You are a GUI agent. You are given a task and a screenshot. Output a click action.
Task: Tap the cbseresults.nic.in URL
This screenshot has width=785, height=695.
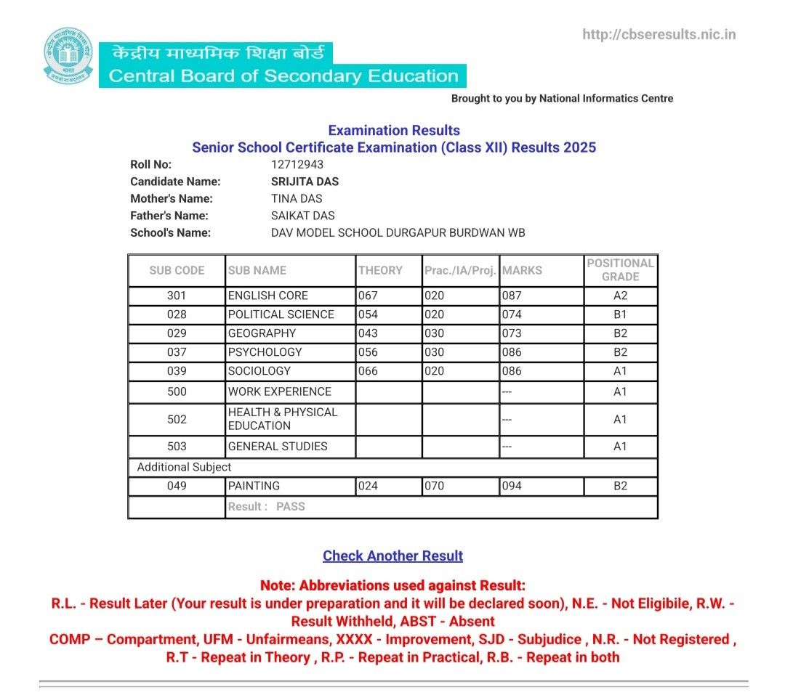click(659, 34)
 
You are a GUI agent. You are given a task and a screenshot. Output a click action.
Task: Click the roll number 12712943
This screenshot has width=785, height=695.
click(297, 164)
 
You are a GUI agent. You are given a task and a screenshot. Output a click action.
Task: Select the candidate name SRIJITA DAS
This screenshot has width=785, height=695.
click(305, 182)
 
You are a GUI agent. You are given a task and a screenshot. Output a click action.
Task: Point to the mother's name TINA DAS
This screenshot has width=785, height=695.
click(297, 198)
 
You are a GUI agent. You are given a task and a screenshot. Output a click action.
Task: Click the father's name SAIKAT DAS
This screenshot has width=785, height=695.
click(302, 216)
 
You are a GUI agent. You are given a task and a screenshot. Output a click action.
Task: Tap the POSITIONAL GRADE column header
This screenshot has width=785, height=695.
click(620, 270)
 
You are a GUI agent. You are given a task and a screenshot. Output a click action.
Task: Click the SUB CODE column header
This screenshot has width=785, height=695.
click(177, 270)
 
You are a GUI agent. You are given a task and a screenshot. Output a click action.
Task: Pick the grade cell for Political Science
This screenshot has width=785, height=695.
click(620, 314)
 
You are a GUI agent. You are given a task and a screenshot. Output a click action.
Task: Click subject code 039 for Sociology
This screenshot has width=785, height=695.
click(177, 371)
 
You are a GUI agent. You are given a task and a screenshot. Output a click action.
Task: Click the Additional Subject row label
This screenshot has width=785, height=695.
click(185, 467)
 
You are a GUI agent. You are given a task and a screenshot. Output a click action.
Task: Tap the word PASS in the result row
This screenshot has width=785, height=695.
click(291, 506)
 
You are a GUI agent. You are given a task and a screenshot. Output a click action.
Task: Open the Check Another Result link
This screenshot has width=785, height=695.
click(392, 556)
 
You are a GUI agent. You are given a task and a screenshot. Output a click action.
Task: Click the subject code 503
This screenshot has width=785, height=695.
click(177, 447)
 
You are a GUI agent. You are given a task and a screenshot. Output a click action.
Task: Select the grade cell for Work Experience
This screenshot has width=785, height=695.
click(620, 391)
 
